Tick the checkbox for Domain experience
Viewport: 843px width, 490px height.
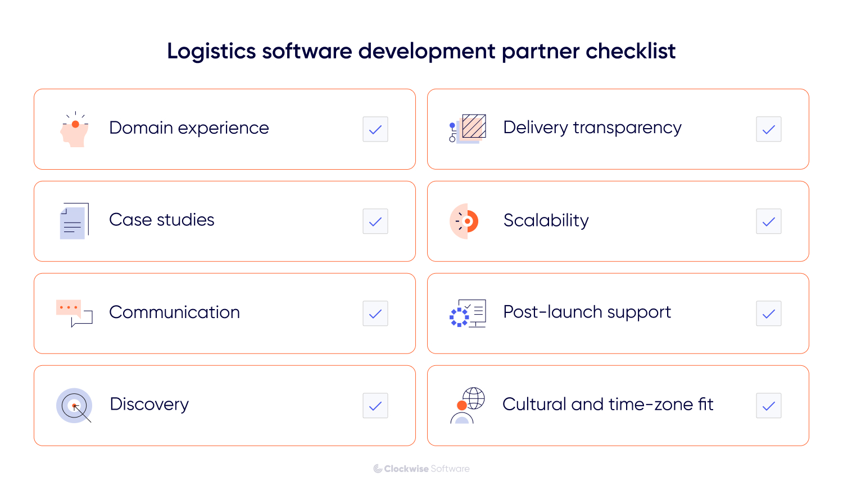[x=375, y=129]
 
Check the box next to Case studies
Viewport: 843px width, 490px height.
[x=375, y=221]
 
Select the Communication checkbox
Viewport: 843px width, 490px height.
[x=375, y=314]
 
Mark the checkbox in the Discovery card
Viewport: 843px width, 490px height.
[x=375, y=406]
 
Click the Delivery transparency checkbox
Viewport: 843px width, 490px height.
[x=769, y=129]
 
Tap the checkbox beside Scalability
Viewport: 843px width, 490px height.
[x=769, y=221]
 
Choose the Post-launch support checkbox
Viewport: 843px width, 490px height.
[x=769, y=314]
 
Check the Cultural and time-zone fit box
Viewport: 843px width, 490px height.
[x=769, y=406]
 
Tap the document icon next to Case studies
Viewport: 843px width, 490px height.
[x=74, y=221]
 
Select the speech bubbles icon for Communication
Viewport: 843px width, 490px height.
[x=74, y=313]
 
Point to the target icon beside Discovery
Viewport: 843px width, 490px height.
[x=74, y=405]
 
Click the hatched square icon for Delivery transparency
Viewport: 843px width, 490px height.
[x=473, y=126]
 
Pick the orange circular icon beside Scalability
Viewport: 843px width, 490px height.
[x=464, y=221]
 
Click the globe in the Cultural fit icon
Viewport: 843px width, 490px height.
[x=474, y=398]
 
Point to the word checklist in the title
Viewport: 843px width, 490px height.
[x=631, y=51]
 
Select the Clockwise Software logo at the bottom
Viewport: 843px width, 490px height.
[x=422, y=469]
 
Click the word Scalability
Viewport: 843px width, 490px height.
[x=546, y=220]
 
